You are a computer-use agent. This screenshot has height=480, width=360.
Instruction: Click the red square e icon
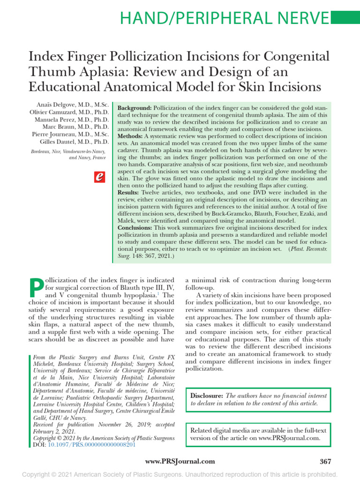point(99,177)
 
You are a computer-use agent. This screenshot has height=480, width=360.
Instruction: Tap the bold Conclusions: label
point(137,227)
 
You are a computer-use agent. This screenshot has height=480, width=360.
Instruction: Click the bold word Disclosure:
point(206,396)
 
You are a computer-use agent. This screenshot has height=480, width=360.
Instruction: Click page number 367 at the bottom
point(325,462)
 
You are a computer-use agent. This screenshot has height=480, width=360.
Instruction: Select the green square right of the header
point(345,18)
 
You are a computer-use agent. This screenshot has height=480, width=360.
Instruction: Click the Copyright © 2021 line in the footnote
point(102,438)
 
